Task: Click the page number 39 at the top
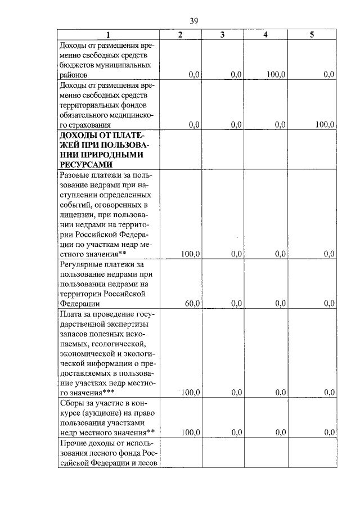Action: tap(193, 21)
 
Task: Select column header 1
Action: tap(108, 35)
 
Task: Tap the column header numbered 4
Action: tap(265, 35)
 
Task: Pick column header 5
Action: tap(312, 35)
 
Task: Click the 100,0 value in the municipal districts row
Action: tap(276, 74)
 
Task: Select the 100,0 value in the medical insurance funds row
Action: tap(325, 125)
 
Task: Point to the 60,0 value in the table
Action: tap(192, 304)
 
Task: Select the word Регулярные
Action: tap(82, 263)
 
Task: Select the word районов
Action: tap(74, 74)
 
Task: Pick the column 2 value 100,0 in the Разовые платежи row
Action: tap(191, 254)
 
